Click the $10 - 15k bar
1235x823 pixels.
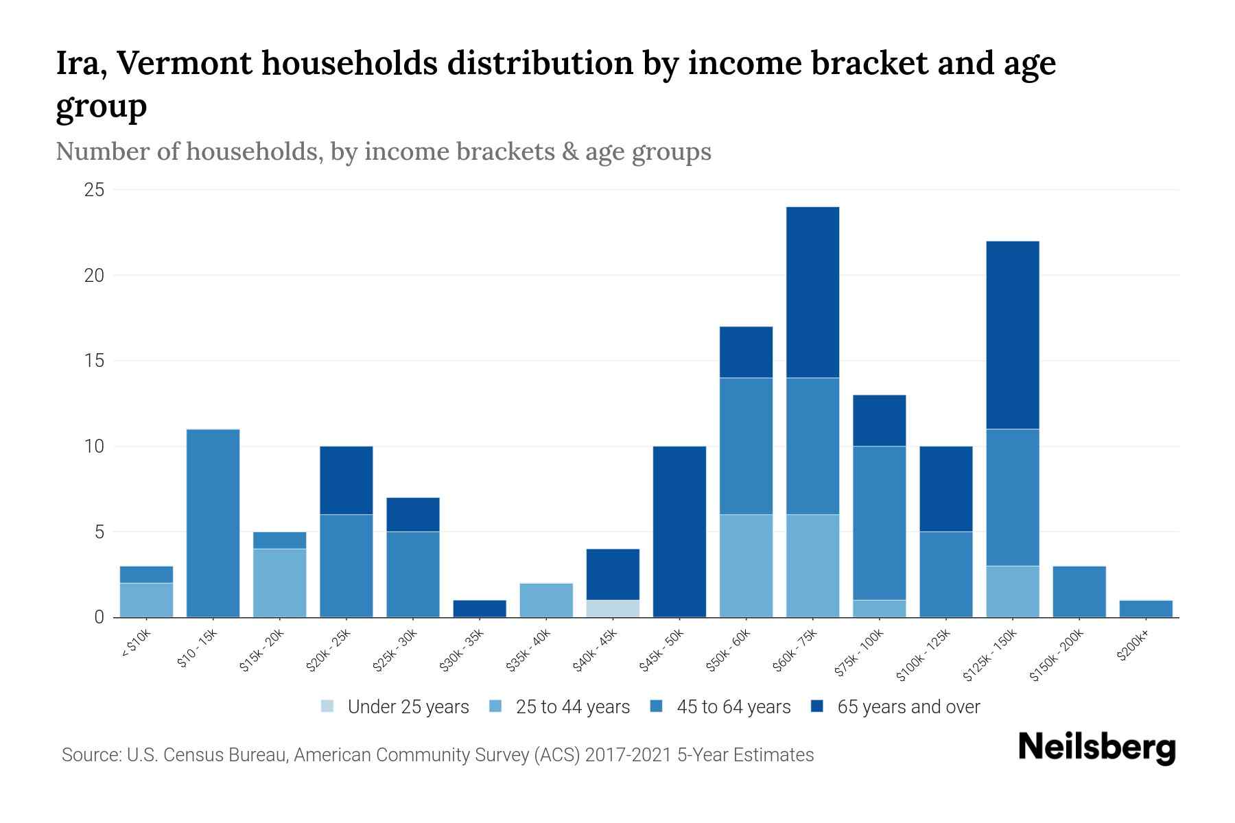coord(213,523)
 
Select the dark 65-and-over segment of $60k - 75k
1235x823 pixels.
coord(812,292)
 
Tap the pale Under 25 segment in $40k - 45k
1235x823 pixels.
coord(613,608)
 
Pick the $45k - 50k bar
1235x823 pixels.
coord(679,532)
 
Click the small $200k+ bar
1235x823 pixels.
coord(1145,609)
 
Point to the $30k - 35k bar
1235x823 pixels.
coord(480,609)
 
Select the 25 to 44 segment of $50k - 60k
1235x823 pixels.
coord(746,566)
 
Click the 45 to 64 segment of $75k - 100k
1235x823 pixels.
coord(879,523)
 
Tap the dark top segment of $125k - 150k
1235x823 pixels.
coord(1012,335)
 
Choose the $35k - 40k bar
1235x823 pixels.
coord(546,600)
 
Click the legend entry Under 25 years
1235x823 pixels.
coord(408,707)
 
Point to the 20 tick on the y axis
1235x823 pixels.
coord(94,275)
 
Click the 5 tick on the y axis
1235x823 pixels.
coord(99,532)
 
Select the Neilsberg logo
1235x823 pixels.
coord(1096,748)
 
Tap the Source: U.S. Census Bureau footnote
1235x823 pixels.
coord(437,755)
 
